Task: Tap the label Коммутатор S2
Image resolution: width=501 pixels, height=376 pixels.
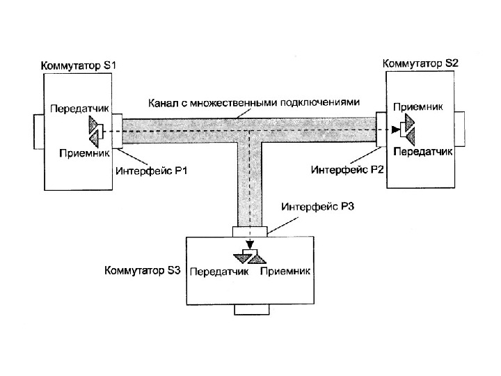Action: (421, 63)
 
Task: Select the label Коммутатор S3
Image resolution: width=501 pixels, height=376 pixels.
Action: (143, 269)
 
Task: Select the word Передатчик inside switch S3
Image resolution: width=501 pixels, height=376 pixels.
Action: (219, 271)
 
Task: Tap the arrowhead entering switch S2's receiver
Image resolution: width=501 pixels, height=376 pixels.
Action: (396, 129)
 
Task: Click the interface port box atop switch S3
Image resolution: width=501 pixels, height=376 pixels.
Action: (249, 231)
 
